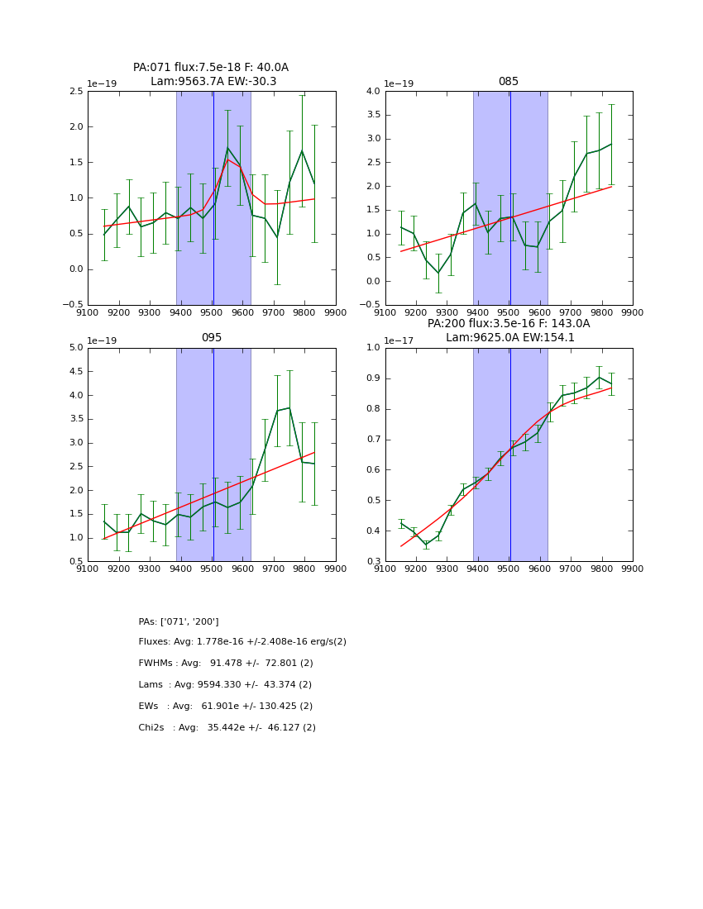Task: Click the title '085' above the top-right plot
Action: (x=508, y=82)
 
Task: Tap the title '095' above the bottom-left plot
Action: (x=212, y=338)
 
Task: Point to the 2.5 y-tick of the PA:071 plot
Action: (x=75, y=92)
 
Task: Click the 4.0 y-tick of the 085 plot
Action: (x=372, y=92)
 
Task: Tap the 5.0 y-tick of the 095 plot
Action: (x=75, y=348)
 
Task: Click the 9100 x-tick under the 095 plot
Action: (x=88, y=569)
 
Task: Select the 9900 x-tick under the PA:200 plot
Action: (x=633, y=569)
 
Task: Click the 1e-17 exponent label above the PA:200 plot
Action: (x=402, y=340)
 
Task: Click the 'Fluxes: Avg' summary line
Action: (x=242, y=642)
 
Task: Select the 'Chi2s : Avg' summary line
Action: (x=227, y=728)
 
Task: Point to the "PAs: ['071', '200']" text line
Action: (x=179, y=621)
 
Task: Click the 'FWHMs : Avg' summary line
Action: (x=226, y=664)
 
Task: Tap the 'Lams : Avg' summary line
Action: (x=225, y=685)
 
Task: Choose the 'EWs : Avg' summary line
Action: (x=225, y=707)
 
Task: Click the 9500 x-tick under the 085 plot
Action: (x=509, y=312)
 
